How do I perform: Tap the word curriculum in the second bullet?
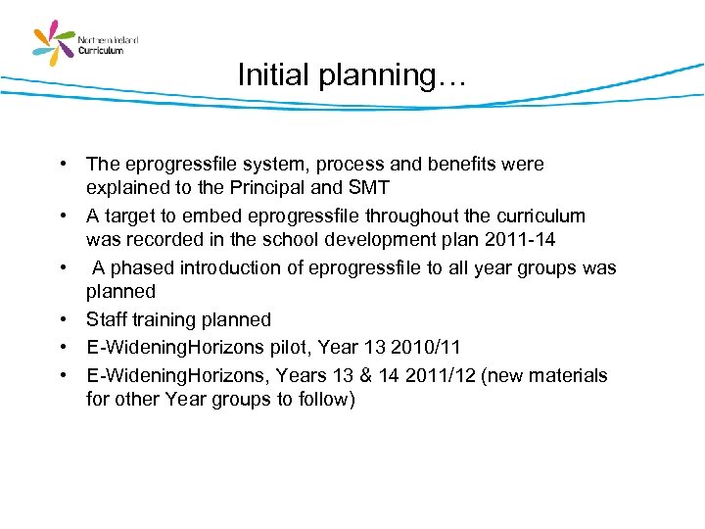coord(541,216)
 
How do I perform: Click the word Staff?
coord(108,320)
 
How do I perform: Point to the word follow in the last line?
coord(324,400)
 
